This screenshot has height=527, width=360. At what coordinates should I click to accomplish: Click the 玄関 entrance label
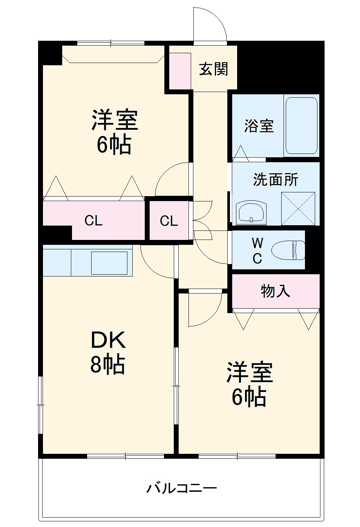(213, 69)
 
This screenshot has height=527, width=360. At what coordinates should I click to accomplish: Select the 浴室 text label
(259, 126)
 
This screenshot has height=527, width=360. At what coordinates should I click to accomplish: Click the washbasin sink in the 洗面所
(251, 213)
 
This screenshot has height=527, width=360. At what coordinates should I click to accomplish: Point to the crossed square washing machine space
(298, 209)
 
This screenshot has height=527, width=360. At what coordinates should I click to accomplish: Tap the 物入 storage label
(276, 291)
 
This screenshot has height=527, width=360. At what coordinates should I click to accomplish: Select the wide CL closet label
(93, 220)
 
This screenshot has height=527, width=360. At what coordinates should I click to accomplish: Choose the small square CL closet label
(169, 221)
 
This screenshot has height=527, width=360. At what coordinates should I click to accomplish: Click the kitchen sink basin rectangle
(109, 263)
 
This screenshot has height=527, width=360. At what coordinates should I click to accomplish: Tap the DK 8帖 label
(108, 352)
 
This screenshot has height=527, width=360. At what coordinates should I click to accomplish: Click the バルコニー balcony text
(181, 488)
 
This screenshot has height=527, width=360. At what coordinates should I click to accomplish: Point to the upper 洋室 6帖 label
(115, 132)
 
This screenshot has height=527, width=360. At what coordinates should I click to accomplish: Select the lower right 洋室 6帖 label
(249, 384)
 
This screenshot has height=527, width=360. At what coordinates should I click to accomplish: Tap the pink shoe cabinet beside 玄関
(179, 71)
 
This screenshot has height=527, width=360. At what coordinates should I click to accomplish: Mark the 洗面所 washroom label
(276, 180)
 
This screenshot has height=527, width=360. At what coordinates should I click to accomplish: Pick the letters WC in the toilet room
(257, 250)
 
